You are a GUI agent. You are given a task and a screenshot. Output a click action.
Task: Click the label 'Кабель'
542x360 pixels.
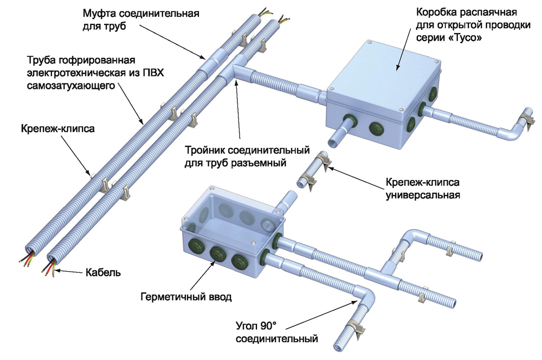click(x=104, y=273)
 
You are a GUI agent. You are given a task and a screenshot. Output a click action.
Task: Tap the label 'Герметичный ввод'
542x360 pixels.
click(x=186, y=297)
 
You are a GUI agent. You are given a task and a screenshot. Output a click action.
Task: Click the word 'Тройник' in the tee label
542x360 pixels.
click(x=205, y=151)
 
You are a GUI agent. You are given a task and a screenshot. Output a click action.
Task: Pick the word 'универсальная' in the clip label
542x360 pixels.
click(x=423, y=195)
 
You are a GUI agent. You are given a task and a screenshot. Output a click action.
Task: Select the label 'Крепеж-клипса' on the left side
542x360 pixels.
click(x=57, y=128)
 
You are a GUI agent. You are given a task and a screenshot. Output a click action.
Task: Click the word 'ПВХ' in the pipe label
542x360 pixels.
click(x=153, y=73)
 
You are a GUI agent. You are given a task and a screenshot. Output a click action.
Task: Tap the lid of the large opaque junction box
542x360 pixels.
click(x=383, y=78)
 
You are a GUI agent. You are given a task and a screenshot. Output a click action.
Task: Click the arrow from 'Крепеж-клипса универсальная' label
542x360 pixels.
click(x=356, y=178)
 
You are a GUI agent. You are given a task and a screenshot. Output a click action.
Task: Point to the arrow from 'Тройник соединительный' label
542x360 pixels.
click(x=237, y=112)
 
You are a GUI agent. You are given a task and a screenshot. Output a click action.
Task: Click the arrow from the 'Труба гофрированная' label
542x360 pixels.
click(x=131, y=104)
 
